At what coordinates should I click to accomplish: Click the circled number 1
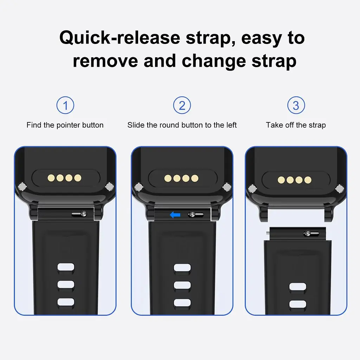[65, 105]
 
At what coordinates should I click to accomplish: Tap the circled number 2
[182, 105]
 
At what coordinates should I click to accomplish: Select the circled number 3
[296, 105]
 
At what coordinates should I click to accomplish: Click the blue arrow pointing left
[175, 215]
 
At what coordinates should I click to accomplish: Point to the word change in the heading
[214, 62]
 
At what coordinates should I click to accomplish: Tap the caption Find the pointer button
[65, 125]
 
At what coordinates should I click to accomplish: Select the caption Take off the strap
[296, 125]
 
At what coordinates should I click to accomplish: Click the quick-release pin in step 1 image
[79, 214]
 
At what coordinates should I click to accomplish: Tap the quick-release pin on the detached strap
[311, 233]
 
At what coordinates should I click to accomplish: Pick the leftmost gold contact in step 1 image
[51, 178]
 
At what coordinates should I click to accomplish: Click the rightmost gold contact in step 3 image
[308, 180]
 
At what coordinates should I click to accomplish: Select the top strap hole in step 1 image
[66, 268]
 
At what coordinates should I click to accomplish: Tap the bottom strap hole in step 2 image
[182, 303]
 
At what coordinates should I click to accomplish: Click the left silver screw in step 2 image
[139, 187]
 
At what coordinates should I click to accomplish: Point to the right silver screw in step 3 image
[339, 189]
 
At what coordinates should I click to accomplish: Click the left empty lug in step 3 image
[264, 213]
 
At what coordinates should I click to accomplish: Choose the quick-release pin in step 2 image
[196, 214]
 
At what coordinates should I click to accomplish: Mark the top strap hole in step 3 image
[298, 287]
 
